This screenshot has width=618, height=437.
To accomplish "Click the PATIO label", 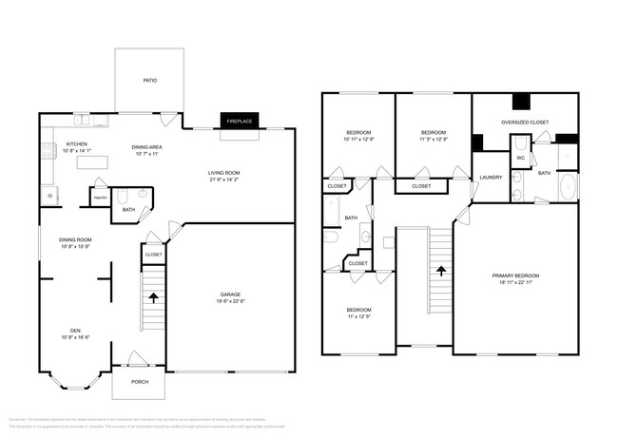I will [150, 81].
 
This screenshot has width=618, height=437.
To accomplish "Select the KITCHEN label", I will [76, 143].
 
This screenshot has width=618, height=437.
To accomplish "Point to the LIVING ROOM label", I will [224, 172].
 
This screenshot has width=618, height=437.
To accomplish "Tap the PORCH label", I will [139, 382].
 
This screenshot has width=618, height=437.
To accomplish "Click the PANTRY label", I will [99, 198].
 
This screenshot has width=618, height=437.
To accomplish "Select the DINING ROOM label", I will [75, 239].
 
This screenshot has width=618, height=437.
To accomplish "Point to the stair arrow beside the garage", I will [153, 297].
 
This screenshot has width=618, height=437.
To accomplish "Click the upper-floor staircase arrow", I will [441, 270].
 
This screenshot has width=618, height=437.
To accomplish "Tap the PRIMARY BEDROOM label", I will [515, 275].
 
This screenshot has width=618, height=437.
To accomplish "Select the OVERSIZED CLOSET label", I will [525, 122].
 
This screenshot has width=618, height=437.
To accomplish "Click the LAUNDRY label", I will [491, 178].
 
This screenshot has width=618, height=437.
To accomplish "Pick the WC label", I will [521, 158].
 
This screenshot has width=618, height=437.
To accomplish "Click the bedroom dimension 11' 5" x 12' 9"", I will [434, 139].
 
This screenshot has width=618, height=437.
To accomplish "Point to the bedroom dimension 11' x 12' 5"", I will [357, 316].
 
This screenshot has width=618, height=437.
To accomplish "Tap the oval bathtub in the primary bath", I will [567, 186].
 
